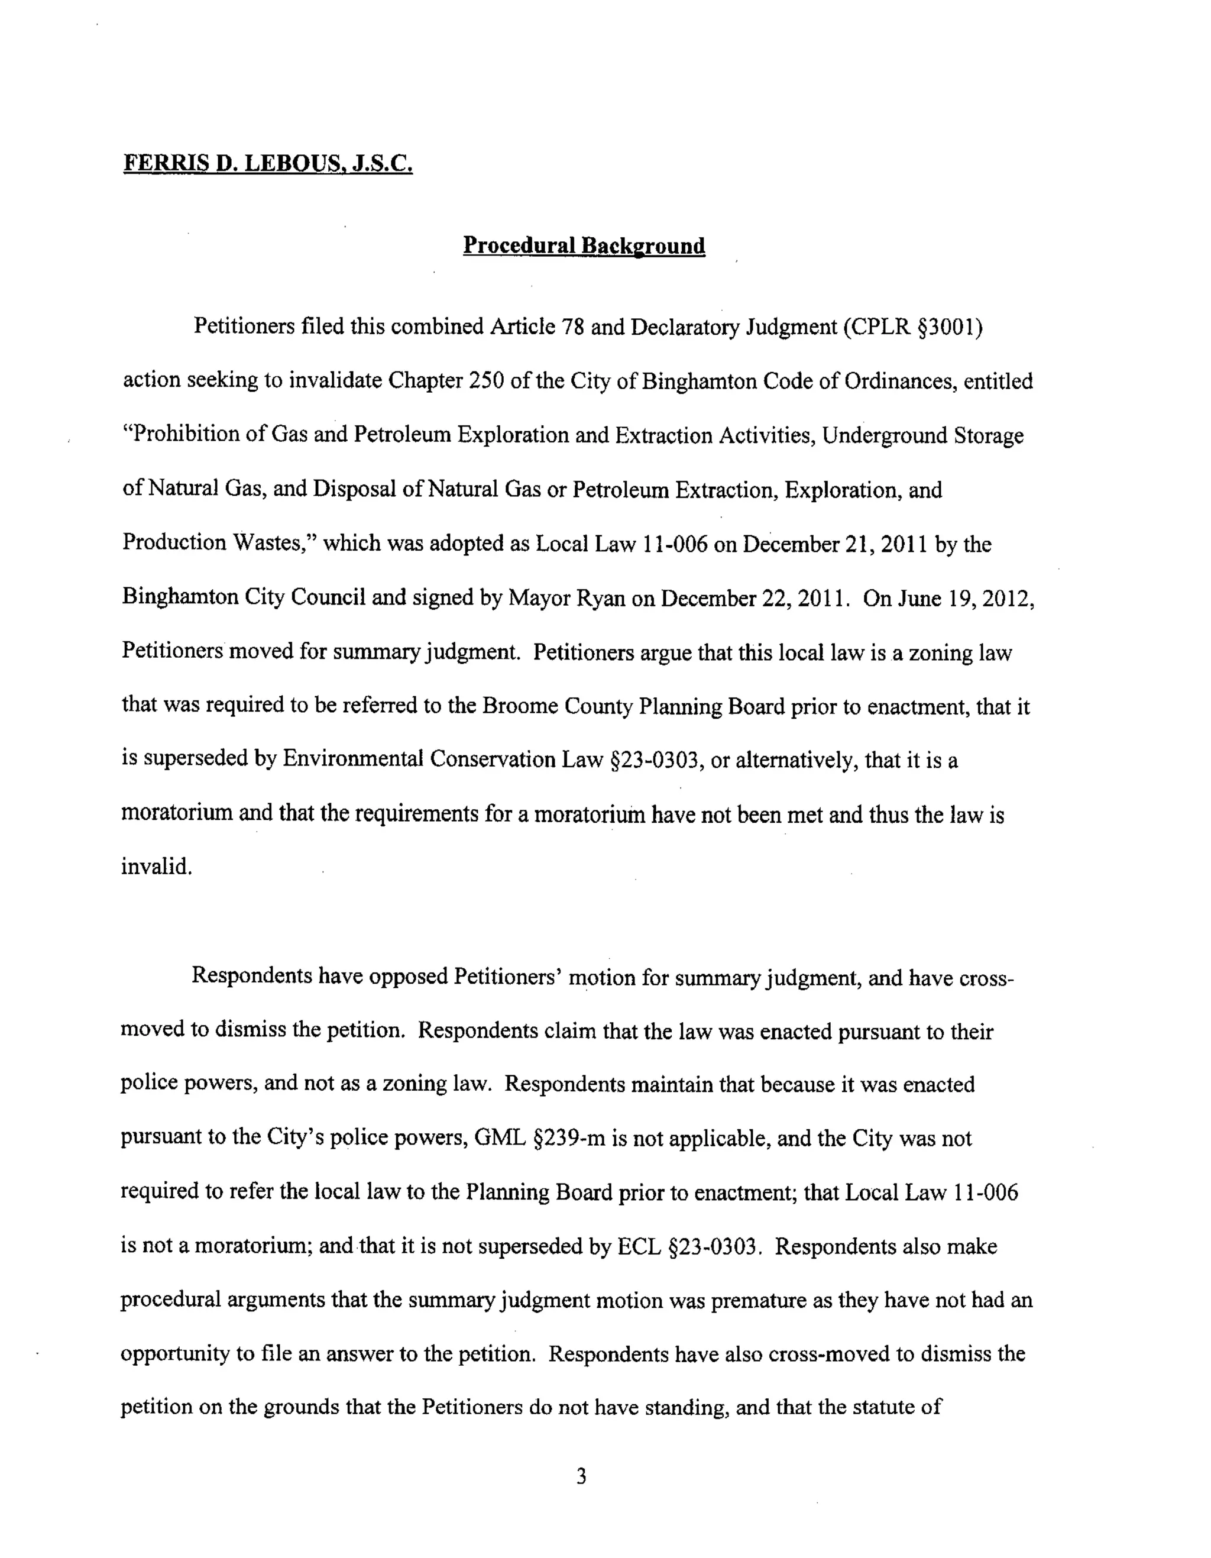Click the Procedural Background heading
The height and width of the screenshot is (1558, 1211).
pyautogui.click(x=584, y=245)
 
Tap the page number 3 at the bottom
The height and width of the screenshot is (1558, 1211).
pyautogui.click(x=581, y=1476)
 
